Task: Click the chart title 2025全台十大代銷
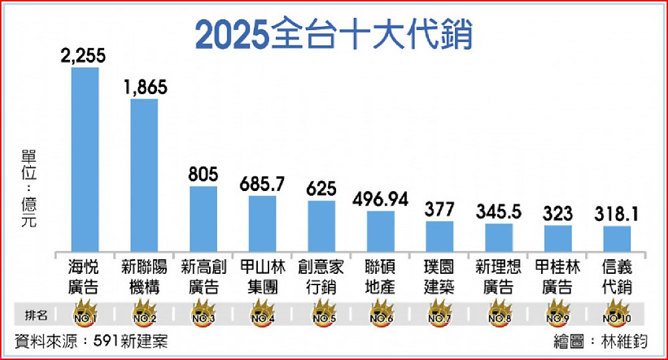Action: click(x=333, y=35)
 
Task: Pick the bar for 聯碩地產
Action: click(x=380, y=231)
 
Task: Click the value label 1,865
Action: click(x=144, y=87)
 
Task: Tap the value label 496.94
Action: click(x=380, y=200)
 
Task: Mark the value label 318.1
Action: click(x=617, y=214)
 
